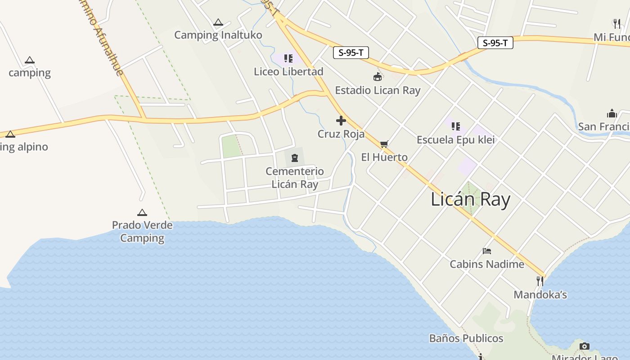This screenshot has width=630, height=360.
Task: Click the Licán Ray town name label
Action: [470, 199]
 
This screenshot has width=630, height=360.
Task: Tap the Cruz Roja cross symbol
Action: [341, 121]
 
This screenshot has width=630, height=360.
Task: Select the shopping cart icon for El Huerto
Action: [384, 144]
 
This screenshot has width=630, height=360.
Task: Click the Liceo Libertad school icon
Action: [288, 58]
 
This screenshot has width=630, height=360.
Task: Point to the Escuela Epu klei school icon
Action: [455, 126]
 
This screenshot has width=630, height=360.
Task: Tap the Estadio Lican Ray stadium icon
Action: [378, 77]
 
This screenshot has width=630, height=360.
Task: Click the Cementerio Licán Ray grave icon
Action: [295, 158]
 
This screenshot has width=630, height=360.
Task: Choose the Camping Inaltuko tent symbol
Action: [218, 22]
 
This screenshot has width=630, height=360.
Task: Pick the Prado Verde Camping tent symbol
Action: [142, 212]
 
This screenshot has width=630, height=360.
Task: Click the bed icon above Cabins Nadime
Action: [486, 251]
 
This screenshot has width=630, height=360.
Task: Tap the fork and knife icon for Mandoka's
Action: [540, 281]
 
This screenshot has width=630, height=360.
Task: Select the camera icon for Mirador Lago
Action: [584, 346]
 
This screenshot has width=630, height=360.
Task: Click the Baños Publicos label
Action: [466, 338]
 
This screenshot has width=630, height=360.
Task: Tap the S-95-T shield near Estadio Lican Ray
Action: [351, 53]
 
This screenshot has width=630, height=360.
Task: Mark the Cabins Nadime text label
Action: [487, 264]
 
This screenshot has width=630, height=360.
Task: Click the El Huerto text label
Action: [384, 157]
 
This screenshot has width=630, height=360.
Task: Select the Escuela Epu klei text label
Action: [455, 139]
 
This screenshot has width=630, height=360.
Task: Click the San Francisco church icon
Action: [612, 113]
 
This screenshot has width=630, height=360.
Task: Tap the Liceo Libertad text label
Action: [288, 72]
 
